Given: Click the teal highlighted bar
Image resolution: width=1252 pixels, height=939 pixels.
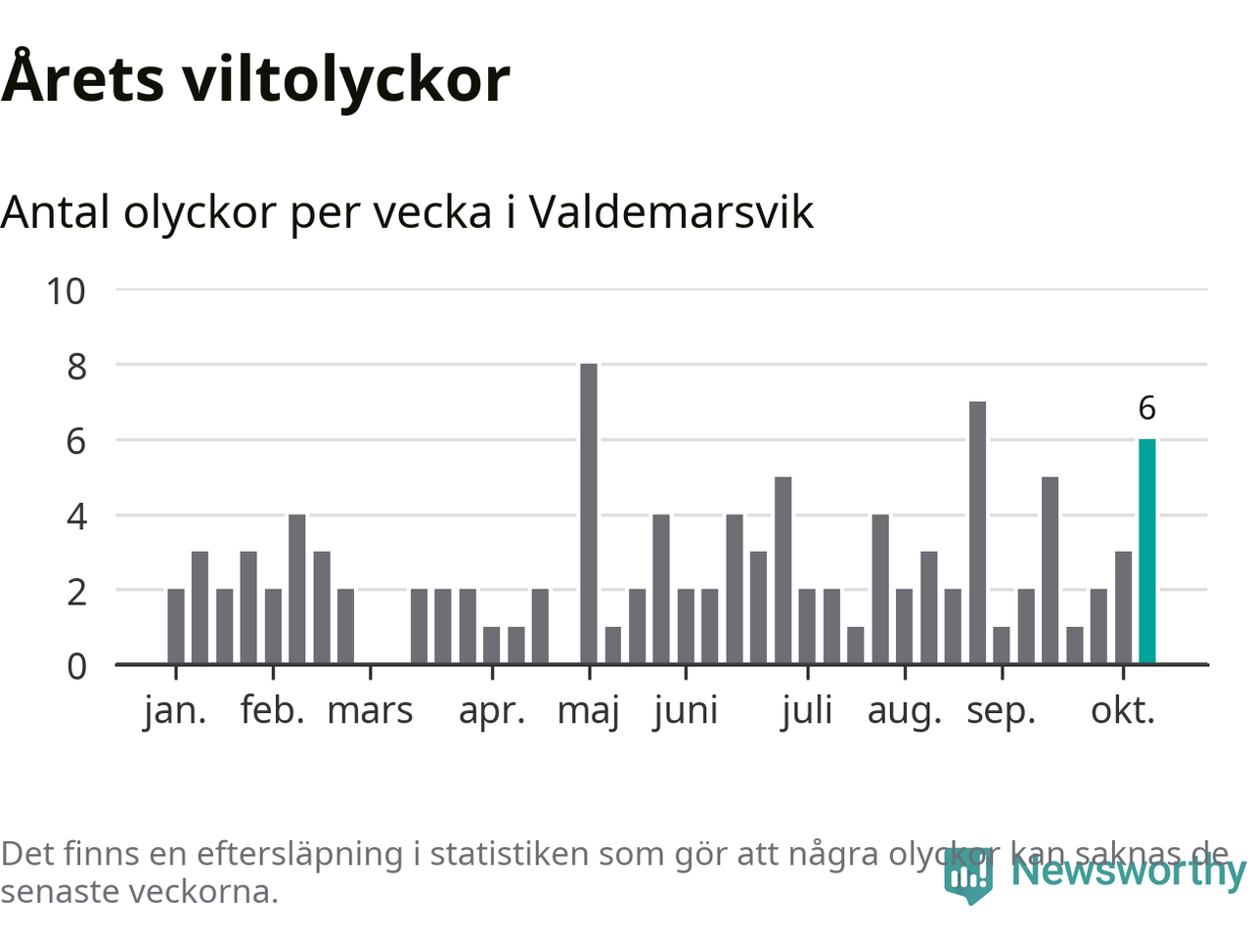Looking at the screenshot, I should [1147, 552].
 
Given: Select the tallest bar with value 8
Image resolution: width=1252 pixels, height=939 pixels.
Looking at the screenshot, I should [589, 514].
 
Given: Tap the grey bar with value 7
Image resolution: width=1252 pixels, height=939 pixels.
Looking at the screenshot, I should [977, 532].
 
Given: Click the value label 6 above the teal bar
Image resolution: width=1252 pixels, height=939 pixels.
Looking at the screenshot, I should [1147, 408].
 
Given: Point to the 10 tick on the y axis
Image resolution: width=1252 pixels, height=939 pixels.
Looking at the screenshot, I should [67, 291].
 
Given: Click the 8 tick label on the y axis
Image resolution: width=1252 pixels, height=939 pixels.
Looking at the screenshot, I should [76, 367].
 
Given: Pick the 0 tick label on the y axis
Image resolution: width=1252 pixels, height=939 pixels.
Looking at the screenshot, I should [76, 666].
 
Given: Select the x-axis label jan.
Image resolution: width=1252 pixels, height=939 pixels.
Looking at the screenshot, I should [175, 711].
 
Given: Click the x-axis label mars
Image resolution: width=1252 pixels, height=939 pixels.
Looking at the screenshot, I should [370, 711].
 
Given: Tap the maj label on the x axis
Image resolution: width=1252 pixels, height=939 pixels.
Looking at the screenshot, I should [589, 711].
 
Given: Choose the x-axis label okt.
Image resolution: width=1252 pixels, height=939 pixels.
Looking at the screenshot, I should [1123, 711].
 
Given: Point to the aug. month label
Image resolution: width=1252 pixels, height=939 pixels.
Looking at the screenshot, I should [904, 711].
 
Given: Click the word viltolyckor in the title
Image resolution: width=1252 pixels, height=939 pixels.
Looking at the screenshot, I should [346, 78].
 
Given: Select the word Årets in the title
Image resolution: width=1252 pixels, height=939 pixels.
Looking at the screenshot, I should [83, 78].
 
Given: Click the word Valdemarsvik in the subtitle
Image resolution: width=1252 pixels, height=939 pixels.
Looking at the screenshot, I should [671, 212].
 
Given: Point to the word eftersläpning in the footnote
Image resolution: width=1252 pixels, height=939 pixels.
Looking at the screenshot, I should [299, 854].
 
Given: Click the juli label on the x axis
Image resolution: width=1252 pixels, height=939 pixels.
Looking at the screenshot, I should [807, 711].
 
